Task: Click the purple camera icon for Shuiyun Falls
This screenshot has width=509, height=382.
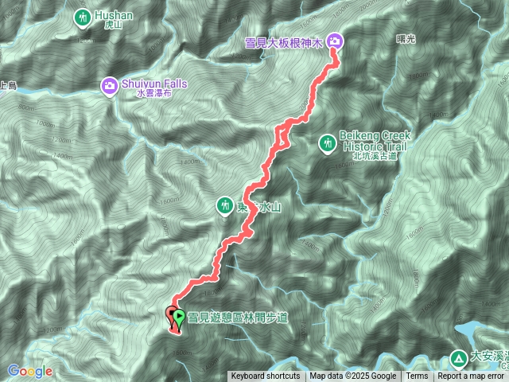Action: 110,84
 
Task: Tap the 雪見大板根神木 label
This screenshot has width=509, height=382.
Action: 286,41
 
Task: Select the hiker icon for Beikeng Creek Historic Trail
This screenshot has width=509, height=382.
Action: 327,144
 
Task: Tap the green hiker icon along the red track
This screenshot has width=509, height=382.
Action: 225,207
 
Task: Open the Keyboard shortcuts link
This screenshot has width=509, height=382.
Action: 266,376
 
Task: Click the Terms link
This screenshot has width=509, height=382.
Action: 417,376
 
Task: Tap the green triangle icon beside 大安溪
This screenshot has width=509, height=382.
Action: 458,358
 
